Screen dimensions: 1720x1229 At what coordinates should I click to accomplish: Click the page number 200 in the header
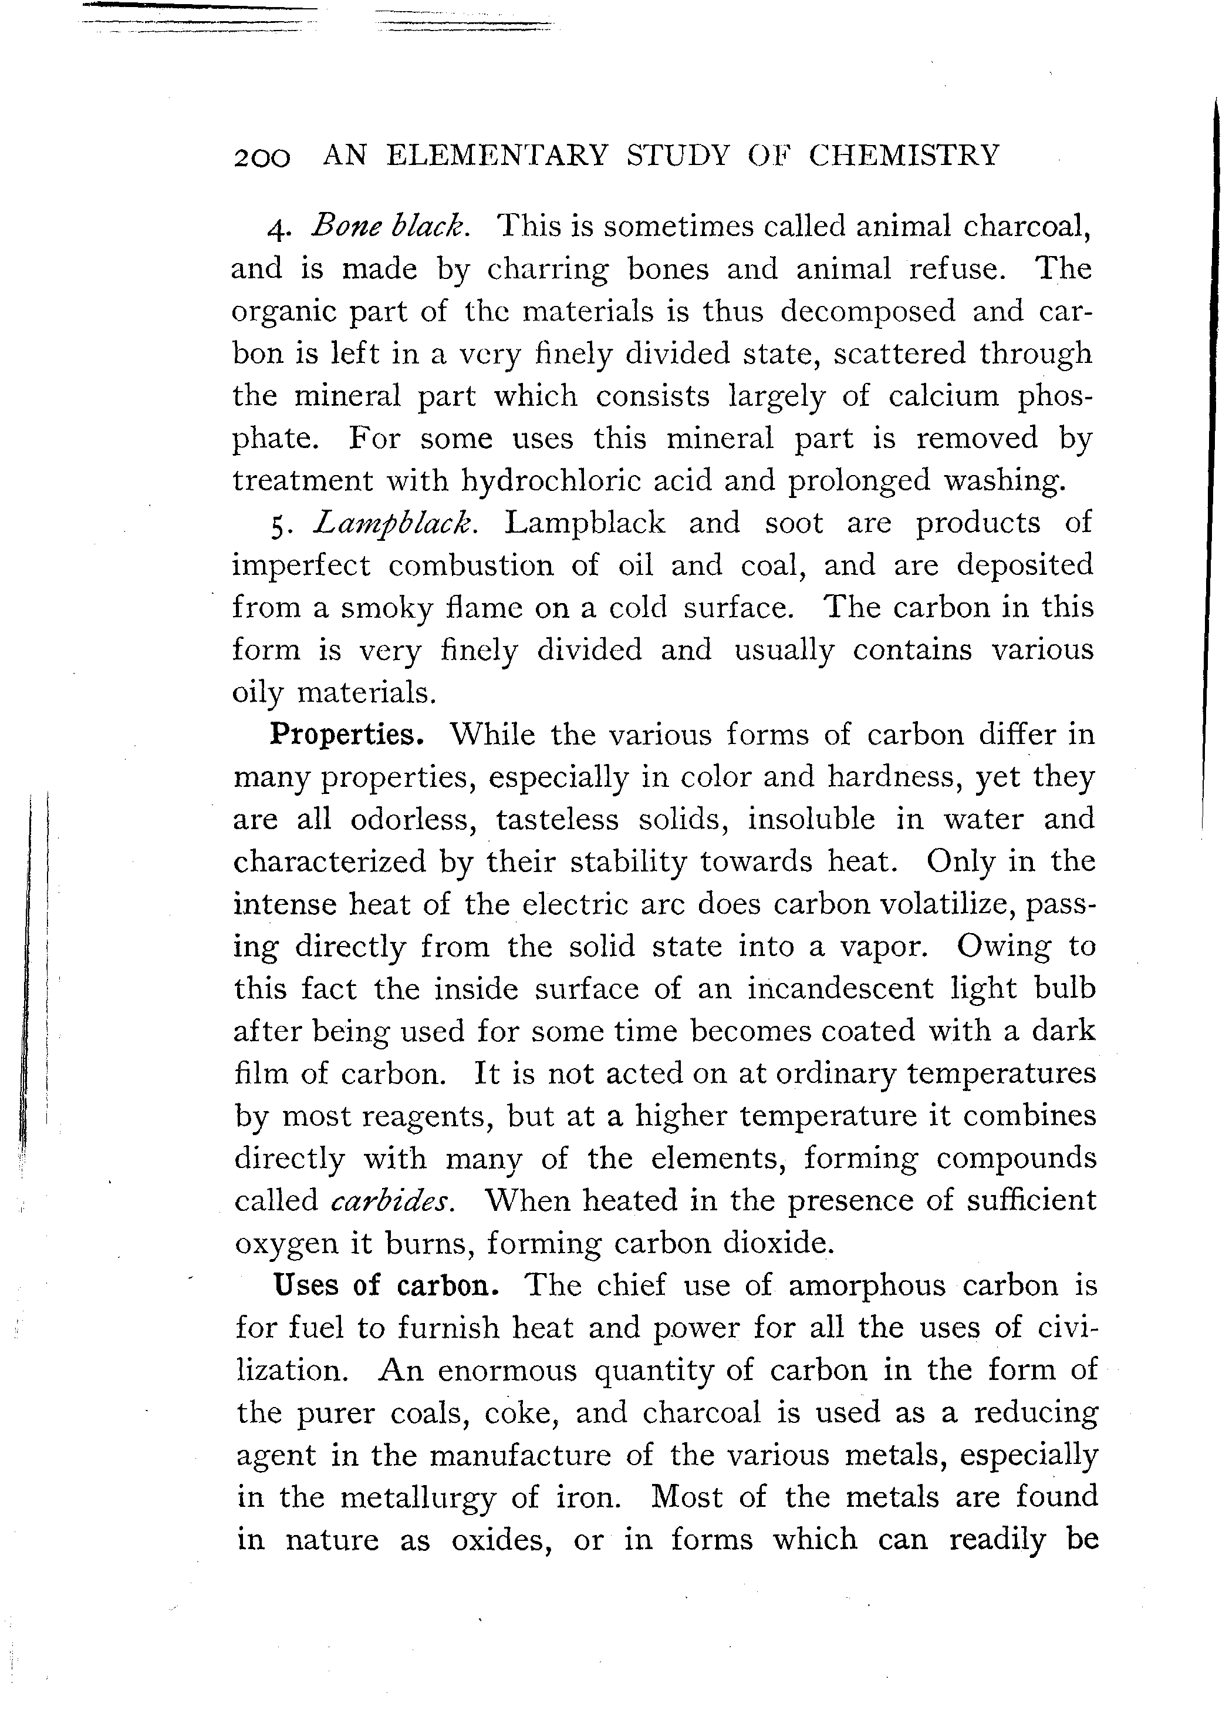coord(262,157)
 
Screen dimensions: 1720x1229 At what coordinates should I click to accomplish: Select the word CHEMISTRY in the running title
coord(904,155)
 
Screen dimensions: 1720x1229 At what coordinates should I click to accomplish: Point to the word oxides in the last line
coord(499,1540)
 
